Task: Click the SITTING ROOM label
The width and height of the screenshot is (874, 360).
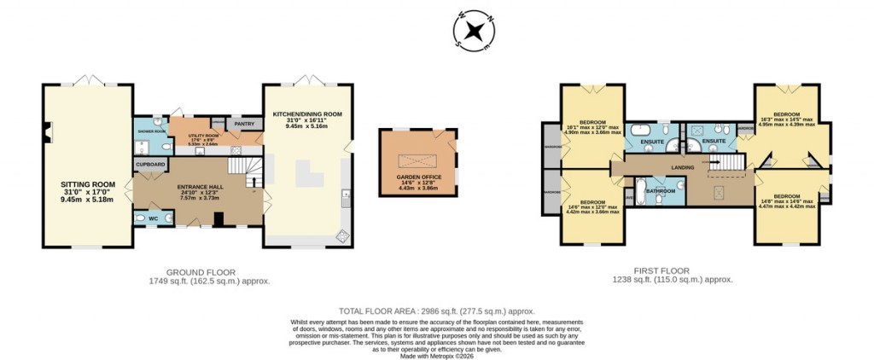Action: tap(87, 183)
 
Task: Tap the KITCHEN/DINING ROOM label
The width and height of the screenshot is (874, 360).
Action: tap(307, 114)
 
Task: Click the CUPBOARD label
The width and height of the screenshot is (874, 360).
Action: tap(149, 165)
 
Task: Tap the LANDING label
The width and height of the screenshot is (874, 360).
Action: tap(682, 167)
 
